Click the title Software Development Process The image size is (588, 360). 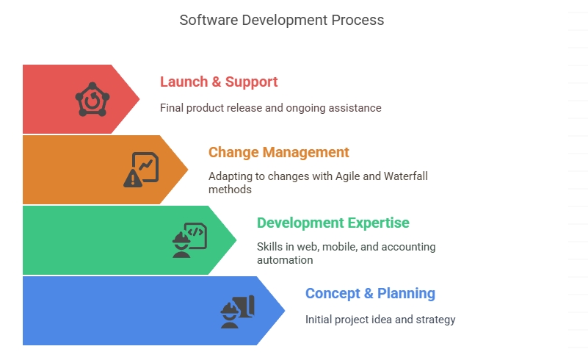click(282, 21)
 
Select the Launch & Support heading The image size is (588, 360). click(219, 82)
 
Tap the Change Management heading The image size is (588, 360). click(279, 152)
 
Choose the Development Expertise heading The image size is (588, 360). click(333, 223)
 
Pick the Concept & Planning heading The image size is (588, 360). click(370, 293)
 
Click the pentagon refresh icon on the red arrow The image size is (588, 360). click(92, 99)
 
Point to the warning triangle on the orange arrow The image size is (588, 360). click(132, 179)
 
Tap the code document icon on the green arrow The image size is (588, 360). click(197, 235)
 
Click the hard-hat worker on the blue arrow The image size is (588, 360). click(230, 315)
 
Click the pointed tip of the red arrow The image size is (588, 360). click(139, 99)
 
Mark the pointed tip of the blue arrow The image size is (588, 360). click(285, 311)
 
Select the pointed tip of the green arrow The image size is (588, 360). click(236, 240)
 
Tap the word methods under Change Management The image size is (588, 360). click(230, 190)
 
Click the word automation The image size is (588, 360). click(285, 260)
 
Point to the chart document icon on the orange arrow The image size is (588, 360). click(145, 166)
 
